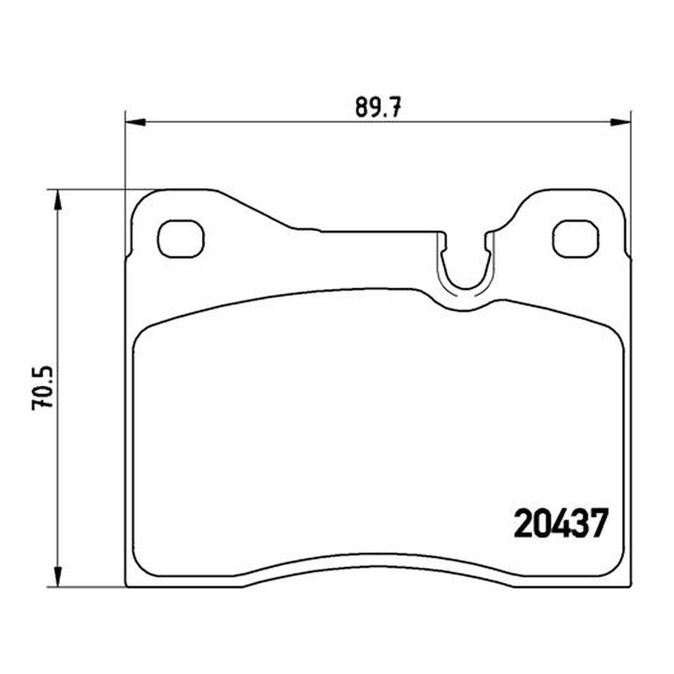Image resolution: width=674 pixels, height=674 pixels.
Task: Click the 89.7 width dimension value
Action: pos(377,107)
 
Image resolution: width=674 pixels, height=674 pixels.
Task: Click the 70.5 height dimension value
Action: pos(43,388)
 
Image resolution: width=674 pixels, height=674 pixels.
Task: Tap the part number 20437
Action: pos(561,522)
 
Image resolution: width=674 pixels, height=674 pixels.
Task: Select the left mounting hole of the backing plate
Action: pos(181,239)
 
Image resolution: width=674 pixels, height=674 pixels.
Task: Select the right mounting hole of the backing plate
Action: pos(575,239)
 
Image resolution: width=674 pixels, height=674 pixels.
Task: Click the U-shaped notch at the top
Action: pos(465,287)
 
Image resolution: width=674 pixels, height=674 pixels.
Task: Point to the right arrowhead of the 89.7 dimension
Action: pos(621,122)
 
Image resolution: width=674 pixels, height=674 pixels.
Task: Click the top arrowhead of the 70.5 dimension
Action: pos(57,200)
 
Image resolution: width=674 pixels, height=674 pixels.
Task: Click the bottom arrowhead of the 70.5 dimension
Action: pos(57,576)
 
